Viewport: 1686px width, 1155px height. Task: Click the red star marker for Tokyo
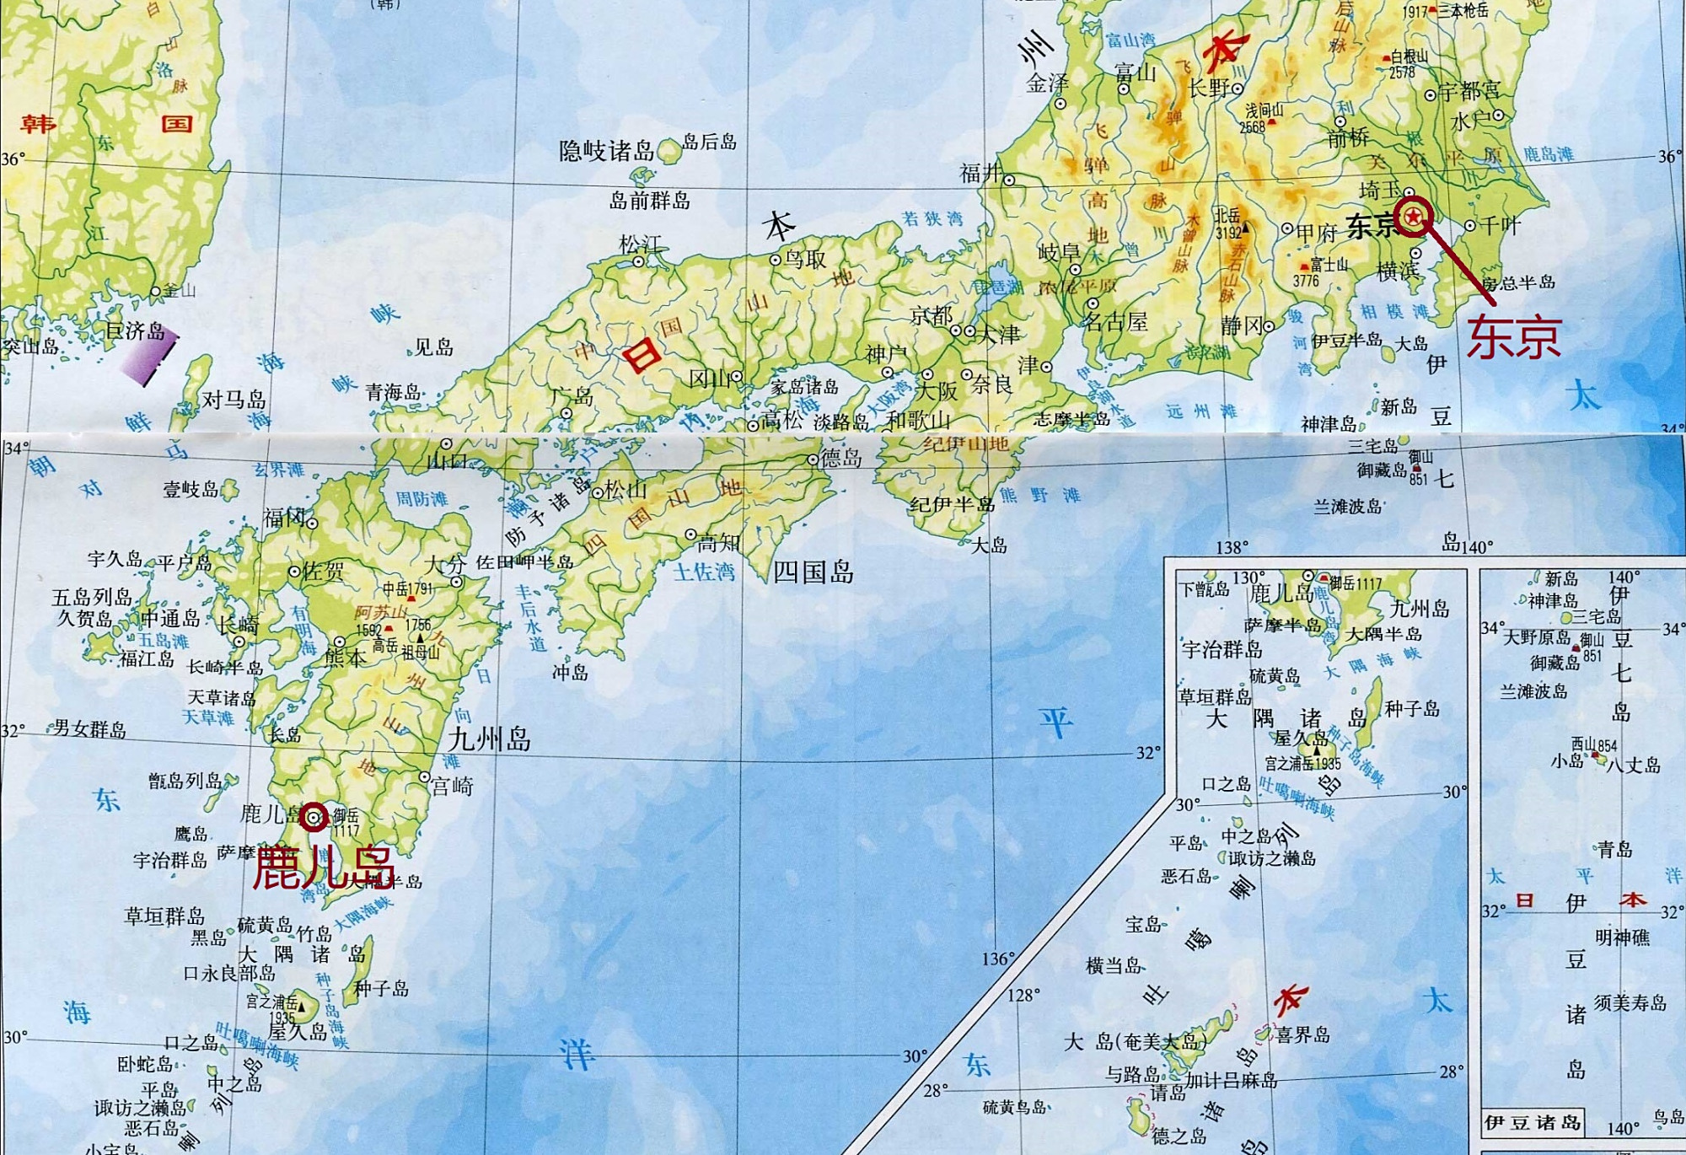coord(1413,218)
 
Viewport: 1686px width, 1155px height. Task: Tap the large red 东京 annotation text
coord(1514,336)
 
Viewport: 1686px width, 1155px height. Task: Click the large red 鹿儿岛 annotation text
coord(325,868)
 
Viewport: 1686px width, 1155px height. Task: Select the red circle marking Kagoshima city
coord(314,817)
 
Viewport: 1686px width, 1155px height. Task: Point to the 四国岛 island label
coord(813,572)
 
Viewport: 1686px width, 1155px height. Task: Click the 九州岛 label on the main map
coord(489,739)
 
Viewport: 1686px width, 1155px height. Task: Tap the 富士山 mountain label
coord(1329,265)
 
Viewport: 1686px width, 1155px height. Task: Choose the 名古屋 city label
coord(1115,321)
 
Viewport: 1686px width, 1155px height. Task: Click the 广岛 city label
coord(572,395)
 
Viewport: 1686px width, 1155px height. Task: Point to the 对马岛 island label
coord(234,399)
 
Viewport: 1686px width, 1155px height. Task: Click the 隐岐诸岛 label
coord(606,151)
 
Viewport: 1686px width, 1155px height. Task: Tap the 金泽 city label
coord(1047,83)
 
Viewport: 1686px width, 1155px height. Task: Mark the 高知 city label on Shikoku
coord(719,543)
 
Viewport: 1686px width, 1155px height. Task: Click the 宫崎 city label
coord(453,786)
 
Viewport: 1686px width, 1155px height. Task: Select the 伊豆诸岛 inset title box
coord(1533,1122)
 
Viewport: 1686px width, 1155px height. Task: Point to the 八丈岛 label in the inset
coord(1633,766)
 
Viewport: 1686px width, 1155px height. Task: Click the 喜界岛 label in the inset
coord(1302,1034)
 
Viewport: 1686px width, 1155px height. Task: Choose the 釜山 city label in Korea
coord(179,291)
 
